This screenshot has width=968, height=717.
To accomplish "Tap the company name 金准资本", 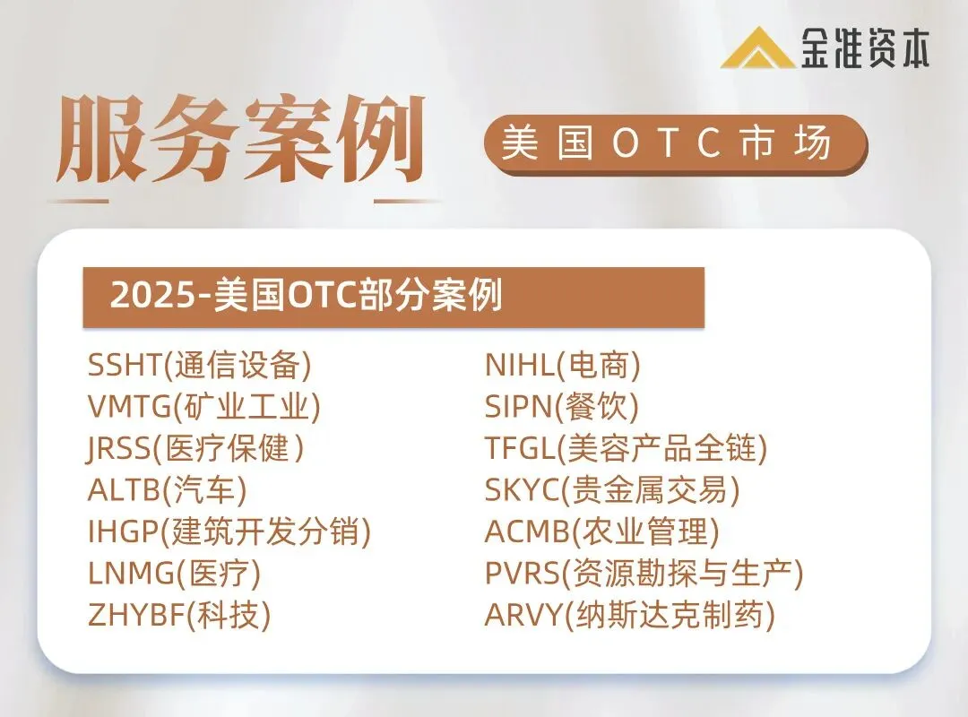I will (865, 48).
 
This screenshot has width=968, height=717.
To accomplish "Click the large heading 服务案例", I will (240, 141).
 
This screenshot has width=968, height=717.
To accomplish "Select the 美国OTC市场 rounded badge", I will (675, 144).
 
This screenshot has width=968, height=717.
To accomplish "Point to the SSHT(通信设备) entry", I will (199, 366).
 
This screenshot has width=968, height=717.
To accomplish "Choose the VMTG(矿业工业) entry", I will (203, 408).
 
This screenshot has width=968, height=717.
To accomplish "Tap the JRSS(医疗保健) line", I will (196, 449).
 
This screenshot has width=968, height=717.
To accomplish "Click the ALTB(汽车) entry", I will (167, 490).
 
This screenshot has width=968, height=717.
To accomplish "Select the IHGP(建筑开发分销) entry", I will (229, 532).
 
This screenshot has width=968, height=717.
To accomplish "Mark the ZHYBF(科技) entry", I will (179, 616).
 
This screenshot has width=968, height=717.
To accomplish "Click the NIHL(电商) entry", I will (563, 366).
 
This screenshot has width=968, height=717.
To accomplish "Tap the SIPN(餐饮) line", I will (562, 408).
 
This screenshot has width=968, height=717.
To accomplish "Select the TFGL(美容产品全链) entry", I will (627, 449).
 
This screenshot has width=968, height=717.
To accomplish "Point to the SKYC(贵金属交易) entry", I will (613, 490).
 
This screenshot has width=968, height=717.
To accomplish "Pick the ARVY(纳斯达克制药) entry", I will (630, 616).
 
